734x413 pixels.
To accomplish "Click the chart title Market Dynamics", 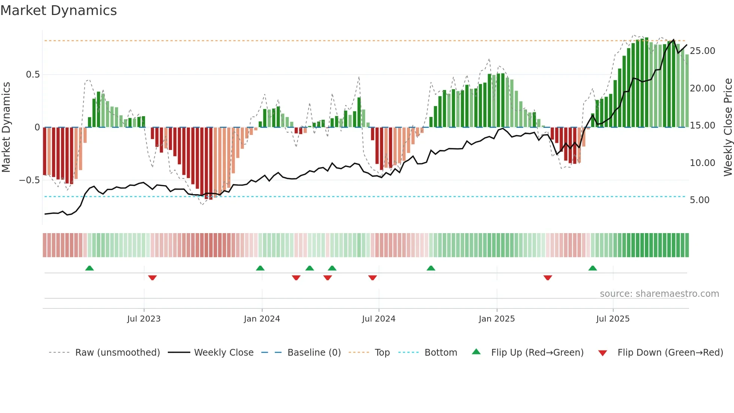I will click(58, 10).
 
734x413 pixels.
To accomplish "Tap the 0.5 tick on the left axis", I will click(33, 75).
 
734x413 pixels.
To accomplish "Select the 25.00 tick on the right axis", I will click(702, 51).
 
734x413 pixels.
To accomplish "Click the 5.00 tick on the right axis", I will click(700, 200).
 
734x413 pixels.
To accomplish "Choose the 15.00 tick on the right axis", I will click(702, 126).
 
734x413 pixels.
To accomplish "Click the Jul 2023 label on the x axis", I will click(144, 319).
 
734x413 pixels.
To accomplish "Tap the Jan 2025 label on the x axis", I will click(497, 319).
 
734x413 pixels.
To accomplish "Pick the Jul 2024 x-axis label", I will click(379, 319).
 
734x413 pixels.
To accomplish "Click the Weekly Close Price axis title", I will click(728, 127).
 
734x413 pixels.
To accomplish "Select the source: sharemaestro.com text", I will click(659, 294).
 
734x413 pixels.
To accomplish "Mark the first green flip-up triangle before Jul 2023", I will click(90, 268).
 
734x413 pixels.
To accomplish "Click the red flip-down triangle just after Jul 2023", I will click(152, 278).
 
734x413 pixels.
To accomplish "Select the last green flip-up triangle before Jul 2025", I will click(592, 268).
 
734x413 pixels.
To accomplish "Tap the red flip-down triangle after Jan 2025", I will click(548, 278).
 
